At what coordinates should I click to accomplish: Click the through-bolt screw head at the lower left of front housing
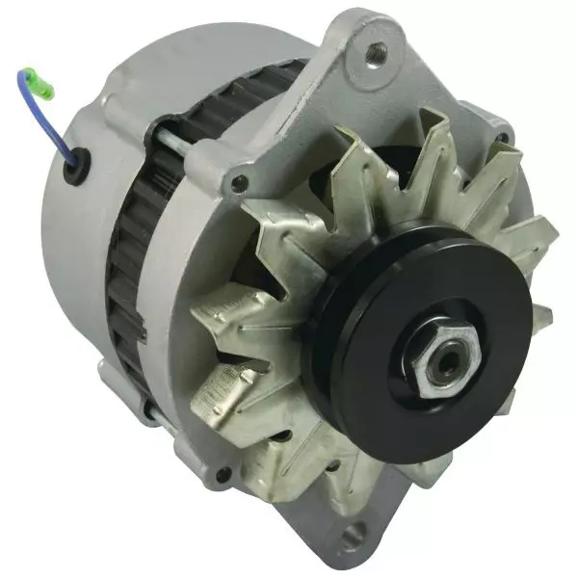223,473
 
